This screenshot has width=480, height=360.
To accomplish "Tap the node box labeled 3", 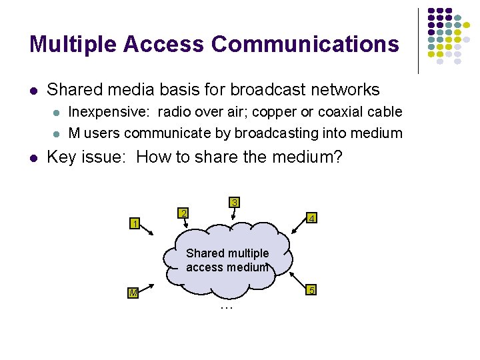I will pos(234,202).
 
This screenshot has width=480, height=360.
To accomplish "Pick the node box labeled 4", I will pos(311,218).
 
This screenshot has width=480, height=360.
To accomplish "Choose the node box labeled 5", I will pos(311,290).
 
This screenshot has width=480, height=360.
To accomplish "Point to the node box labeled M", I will pos(134,293).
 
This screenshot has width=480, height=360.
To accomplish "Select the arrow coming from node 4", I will pos(297,226).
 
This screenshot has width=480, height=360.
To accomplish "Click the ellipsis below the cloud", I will pos(225,307).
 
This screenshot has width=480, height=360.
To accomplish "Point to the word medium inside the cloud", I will pos(247,267).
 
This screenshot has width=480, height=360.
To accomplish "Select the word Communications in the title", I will pos(305,44).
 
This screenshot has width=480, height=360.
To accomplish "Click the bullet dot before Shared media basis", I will pos(33,90).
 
